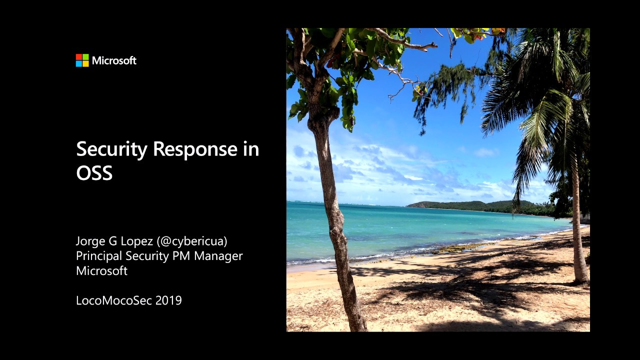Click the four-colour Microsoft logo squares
coord(82,60)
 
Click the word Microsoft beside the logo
coord(114,60)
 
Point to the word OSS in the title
coord(94,173)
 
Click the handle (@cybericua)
coord(192,241)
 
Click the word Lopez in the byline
coord(136,241)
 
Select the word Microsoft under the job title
coord(101,271)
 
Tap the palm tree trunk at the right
coord(578,225)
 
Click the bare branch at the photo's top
coord(405,42)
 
